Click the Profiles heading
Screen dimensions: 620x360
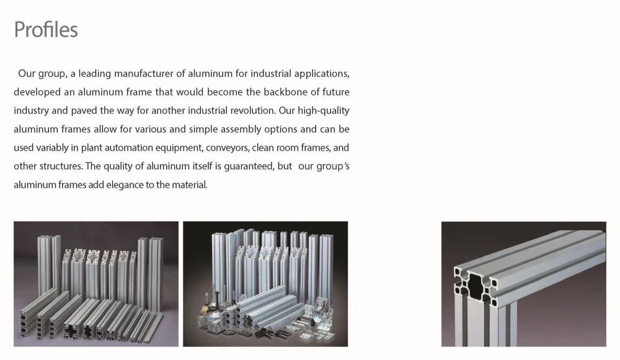pos(46,30)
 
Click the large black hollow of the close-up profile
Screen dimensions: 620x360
pos(476,284)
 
